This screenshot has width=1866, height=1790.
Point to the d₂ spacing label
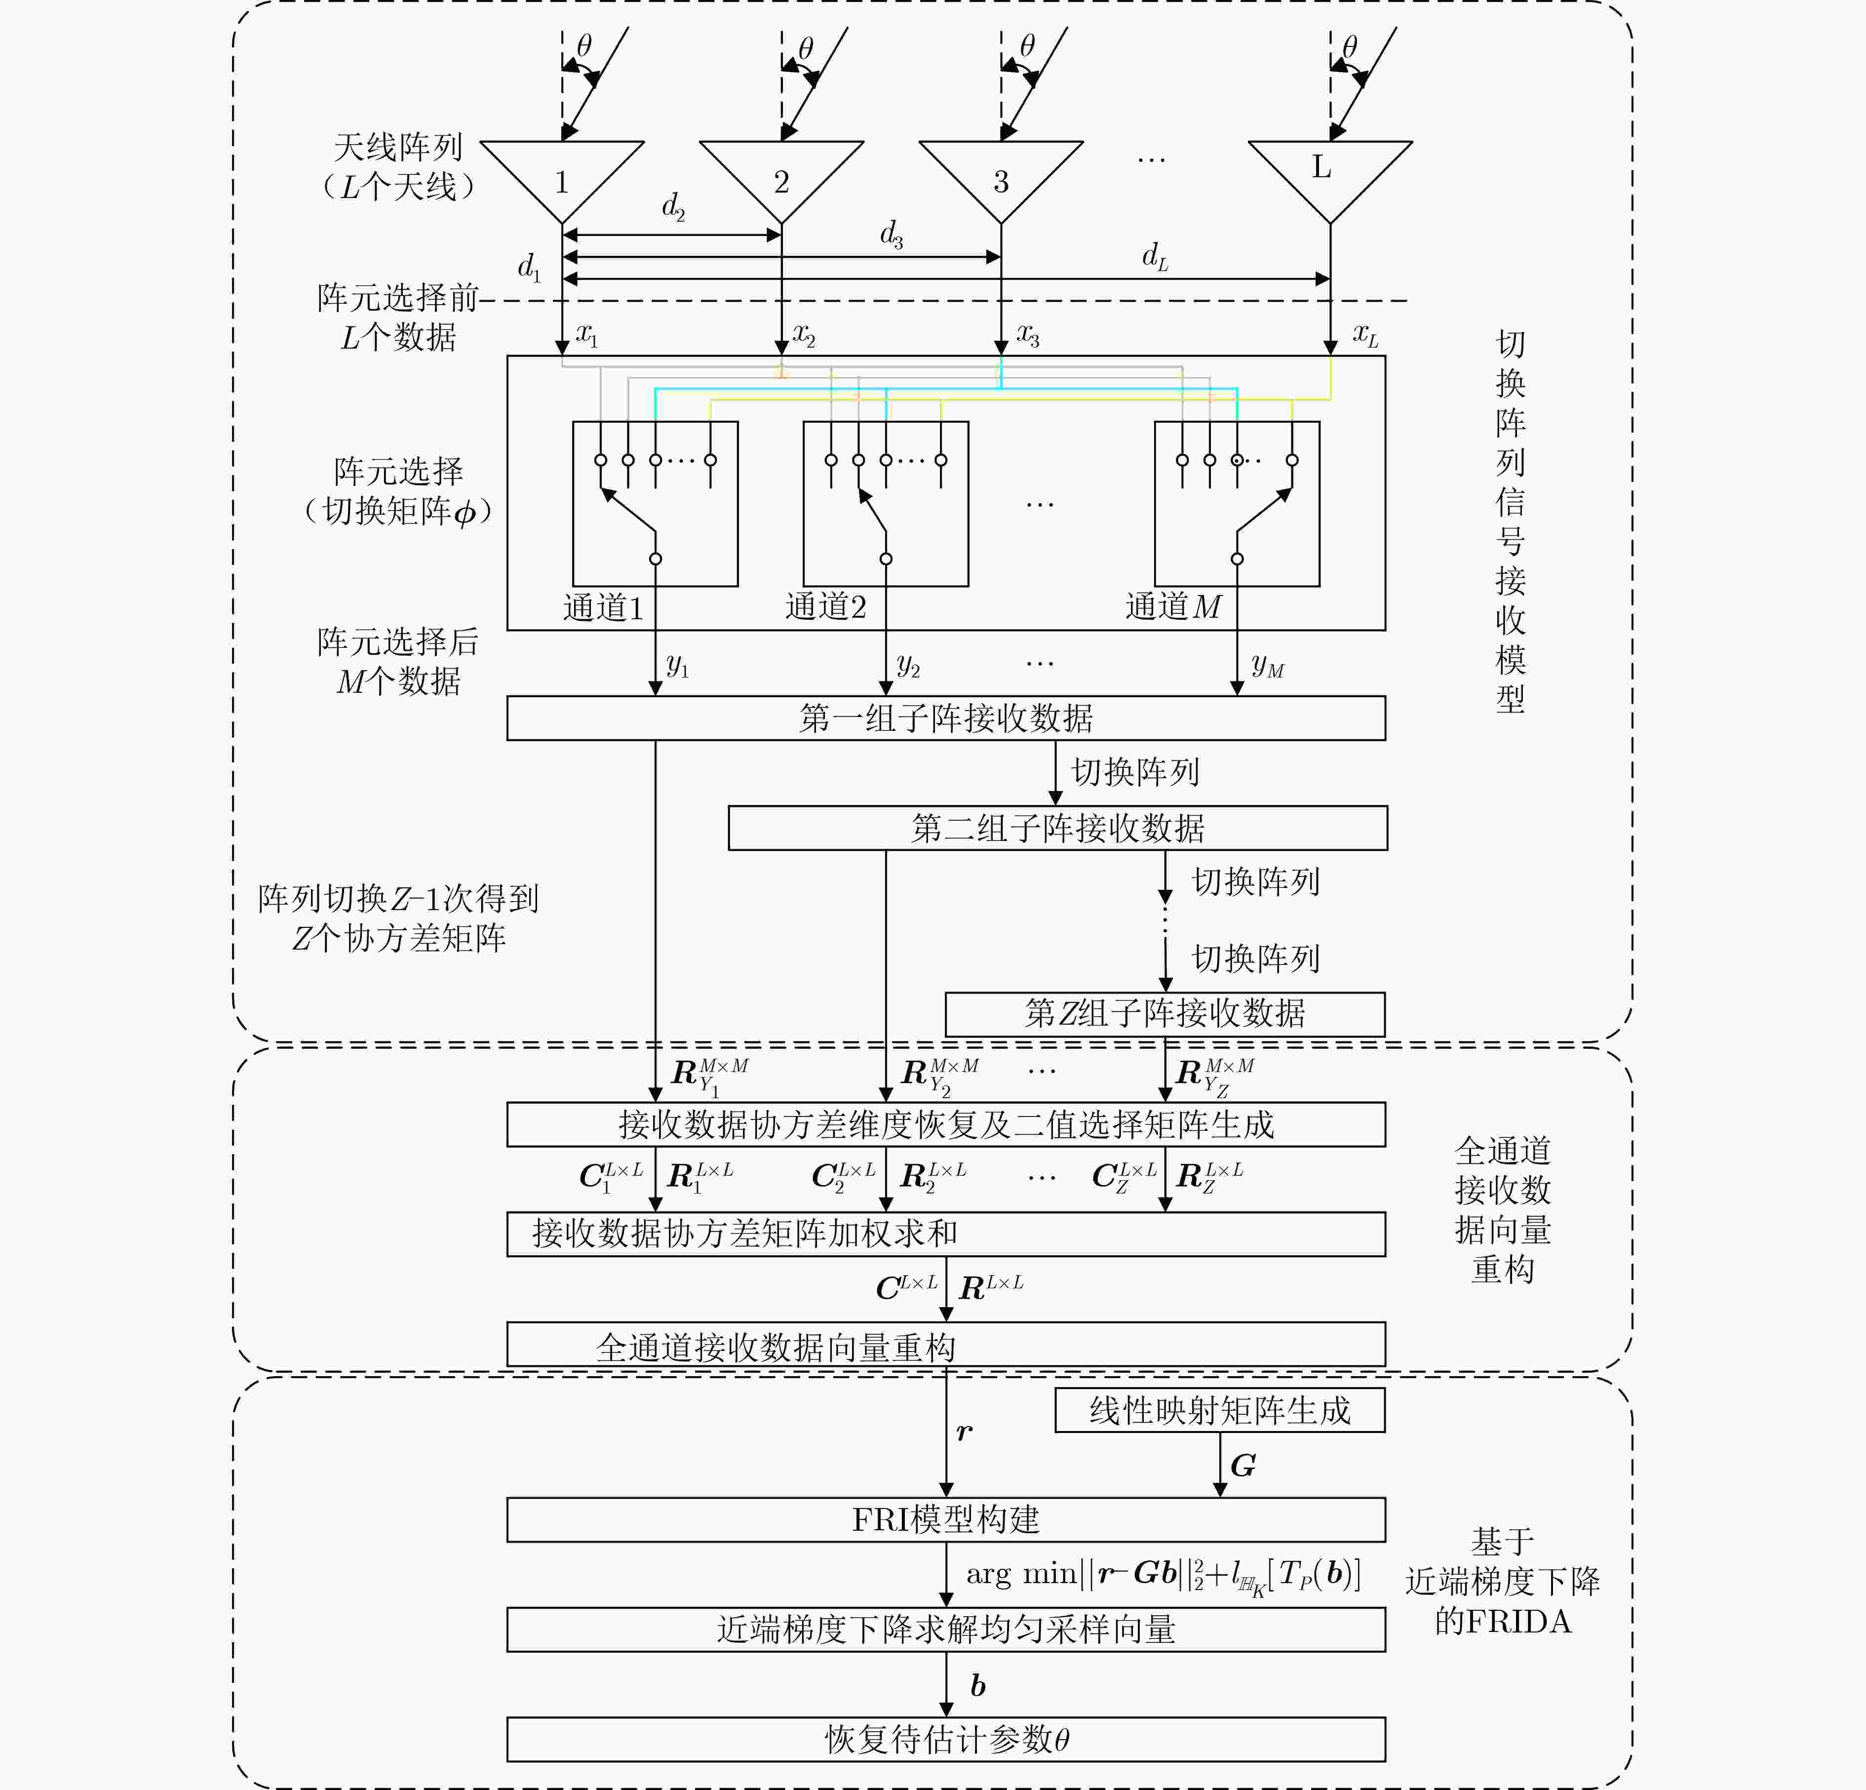[x=673, y=206]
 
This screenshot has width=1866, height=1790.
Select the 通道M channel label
[x=1173, y=606]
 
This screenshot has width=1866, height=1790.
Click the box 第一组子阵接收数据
[x=945, y=718]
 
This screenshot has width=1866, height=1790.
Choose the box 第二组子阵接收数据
[x=1057, y=828]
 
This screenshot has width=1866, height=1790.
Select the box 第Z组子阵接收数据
[x=1165, y=1013]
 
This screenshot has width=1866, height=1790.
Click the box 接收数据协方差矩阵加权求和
[x=945, y=1234]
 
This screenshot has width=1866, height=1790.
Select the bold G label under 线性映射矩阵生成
[x=1243, y=1465]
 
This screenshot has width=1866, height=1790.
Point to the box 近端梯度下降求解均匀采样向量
[x=945, y=1629]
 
